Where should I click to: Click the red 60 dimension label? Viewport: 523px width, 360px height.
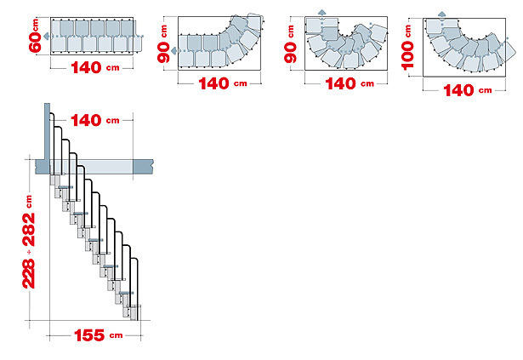tap(35, 42)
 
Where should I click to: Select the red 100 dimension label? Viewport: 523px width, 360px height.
tap(407, 55)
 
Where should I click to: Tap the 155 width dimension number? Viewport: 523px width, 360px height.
tap(89, 335)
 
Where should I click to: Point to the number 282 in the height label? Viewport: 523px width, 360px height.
tap(29, 230)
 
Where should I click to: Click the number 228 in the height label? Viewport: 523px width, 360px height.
tap(29, 273)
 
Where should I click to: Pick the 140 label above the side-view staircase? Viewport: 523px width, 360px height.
tap(86, 121)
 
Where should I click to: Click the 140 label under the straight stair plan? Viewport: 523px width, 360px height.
tap(86, 68)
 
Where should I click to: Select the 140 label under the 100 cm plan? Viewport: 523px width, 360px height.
tap(458, 90)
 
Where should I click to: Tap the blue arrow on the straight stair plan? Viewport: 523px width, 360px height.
tap(47, 36)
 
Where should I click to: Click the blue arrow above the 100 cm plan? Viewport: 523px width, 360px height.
tap(442, 14)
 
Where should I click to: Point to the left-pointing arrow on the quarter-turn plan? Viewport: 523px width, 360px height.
tap(173, 51)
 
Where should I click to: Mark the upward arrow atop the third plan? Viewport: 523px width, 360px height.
tap(321, 13)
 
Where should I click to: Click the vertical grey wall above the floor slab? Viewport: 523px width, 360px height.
tap(47, 131)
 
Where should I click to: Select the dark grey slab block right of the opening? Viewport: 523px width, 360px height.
tap(144, 167)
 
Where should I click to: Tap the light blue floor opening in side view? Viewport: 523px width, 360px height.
tap(92, 167)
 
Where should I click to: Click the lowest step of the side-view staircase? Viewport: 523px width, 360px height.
tap(134, 312)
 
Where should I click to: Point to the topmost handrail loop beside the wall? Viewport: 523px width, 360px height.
tap(53, 144)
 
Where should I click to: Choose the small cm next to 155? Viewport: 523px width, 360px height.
tap(116, 335)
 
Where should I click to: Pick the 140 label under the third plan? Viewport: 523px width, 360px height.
tap(340, 83)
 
